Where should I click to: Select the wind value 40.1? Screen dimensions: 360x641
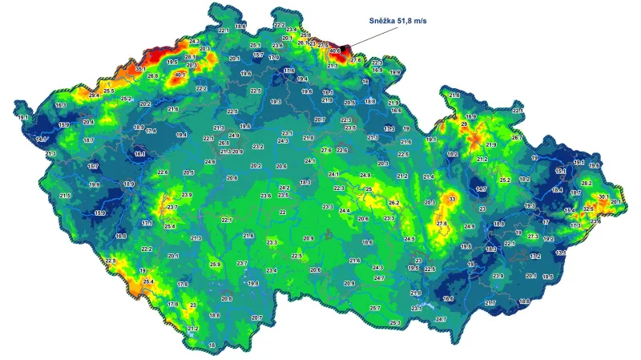pos(179,76)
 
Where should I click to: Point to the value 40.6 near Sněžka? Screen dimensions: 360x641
pos(335,51)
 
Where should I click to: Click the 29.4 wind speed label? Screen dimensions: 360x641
pos(95,95)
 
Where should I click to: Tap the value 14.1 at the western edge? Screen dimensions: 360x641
pos(42,139)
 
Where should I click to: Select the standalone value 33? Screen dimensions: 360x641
pos(452,198)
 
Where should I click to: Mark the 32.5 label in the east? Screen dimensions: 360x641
pos(588,208)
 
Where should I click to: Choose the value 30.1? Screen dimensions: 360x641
pos(603,196)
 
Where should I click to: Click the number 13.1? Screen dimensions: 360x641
pos(561,253)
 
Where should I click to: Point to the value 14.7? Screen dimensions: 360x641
pos(481,188)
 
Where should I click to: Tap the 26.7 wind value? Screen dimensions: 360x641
pos(516,138)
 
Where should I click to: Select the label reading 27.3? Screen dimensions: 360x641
pos(533,237)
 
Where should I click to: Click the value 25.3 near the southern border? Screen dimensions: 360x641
pos(395,322)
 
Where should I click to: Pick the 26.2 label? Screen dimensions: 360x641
pos(393,203)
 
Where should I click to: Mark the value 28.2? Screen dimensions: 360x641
pos(587,184)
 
